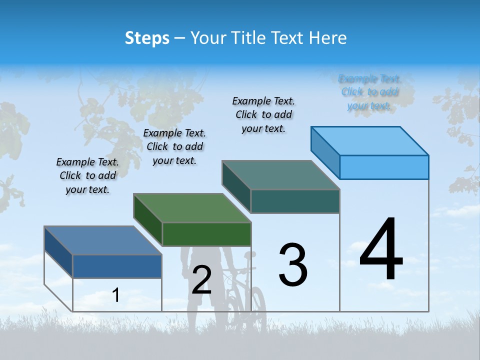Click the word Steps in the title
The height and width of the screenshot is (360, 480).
click(x=147, y=38)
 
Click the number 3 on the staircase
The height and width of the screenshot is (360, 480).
click(x=293, y=264)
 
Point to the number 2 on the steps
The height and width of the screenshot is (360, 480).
click(x=201, y=280)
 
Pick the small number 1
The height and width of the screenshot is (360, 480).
click(x=115, y=295)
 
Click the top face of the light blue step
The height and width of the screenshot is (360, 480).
click(x=370, y=140)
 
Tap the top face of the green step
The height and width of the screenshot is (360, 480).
click(x=192, y=207)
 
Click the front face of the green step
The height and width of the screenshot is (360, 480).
click(x=206, y=234)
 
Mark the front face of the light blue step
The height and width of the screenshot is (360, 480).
click(x=384, y=167)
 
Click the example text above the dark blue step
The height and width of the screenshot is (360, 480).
click(x=87, y=175)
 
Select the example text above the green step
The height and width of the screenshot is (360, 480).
click(x=174, y=146)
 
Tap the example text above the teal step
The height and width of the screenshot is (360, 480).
click(x=263, y=114)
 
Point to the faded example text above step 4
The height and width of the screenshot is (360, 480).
click(x=369, y=92)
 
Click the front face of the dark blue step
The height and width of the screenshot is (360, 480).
click(x=117, y=266)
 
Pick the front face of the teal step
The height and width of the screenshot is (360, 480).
click(x=295, y=201)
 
